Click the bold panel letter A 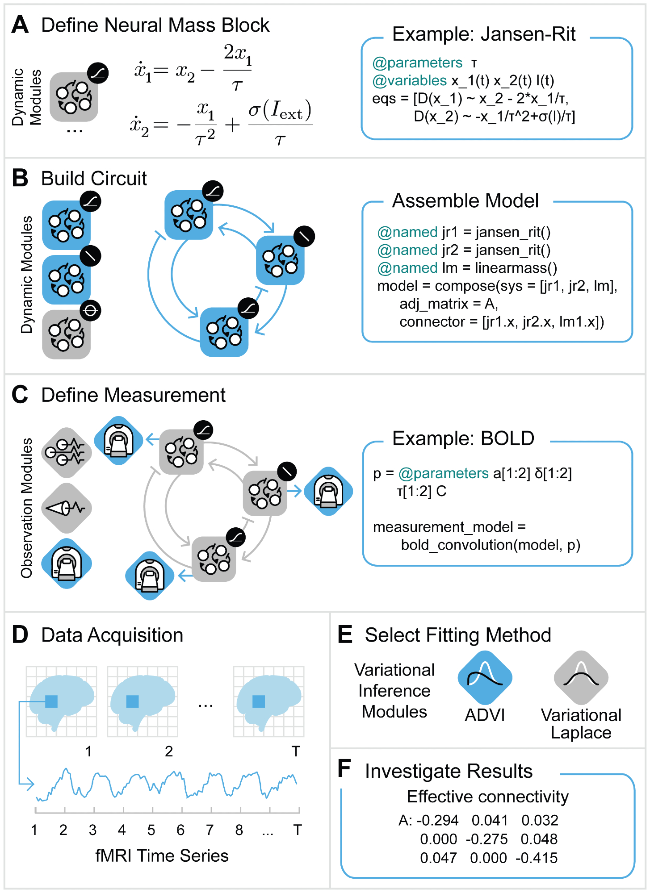coord(20,25)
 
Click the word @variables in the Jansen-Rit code coord(409,80)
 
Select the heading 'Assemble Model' coord(465,201)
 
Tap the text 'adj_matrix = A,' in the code coord(449,304)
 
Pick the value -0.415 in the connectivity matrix coord(536,858)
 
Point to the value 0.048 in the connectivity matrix coord(539,839)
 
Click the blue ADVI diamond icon coord(485,678)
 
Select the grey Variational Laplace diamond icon coord(581,678)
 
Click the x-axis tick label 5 coord(151,830)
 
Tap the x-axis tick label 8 coord(239,830)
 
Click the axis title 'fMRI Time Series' coord(162,856)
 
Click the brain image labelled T coord(268,701)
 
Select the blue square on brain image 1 coord(51,701)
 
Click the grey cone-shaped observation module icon coord(67,508)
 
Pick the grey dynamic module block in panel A coord(74,97)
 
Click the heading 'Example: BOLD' coord(463,438)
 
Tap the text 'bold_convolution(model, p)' coord(490,545)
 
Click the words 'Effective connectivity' coord(487,797)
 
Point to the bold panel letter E coord(345,634)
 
